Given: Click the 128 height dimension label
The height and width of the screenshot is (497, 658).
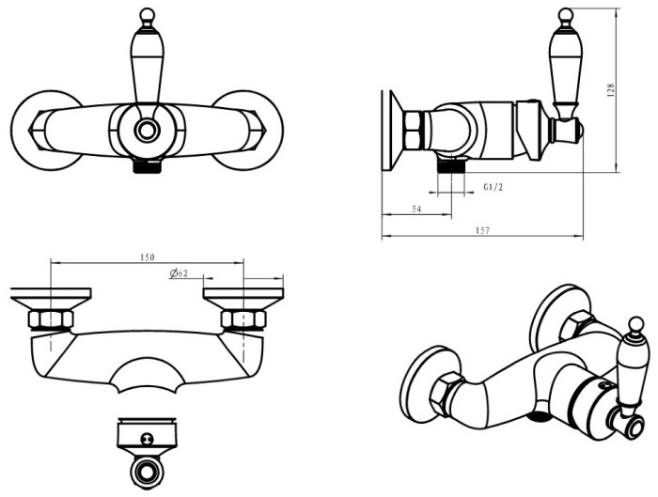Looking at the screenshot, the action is (611, 90).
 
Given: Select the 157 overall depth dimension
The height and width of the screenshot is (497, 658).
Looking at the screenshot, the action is (482, 230).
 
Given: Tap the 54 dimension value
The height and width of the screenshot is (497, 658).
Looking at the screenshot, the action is (416, 209).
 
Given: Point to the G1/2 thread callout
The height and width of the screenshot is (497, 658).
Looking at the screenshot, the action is (493, 187).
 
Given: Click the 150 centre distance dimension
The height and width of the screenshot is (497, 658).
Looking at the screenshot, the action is (147, 257).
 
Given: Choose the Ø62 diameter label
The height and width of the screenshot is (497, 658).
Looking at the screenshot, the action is (179, 273).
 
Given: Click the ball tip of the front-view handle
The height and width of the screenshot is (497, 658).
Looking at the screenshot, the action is (147, 15).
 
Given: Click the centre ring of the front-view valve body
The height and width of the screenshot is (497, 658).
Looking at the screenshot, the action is (147, 131).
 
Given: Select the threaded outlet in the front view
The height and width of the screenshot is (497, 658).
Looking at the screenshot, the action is (147, 166).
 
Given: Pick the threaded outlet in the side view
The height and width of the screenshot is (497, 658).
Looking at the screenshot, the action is (451, 165).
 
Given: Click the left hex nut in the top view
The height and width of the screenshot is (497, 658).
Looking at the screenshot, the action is (51, 320).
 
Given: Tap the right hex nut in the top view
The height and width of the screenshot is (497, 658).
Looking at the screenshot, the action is (243, 320).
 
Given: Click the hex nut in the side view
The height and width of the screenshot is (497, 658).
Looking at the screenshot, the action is (414, 131).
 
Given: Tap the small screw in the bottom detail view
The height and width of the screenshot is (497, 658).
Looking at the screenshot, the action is (147, 438).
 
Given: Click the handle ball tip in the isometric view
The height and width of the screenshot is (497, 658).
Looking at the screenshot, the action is (636, 325).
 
